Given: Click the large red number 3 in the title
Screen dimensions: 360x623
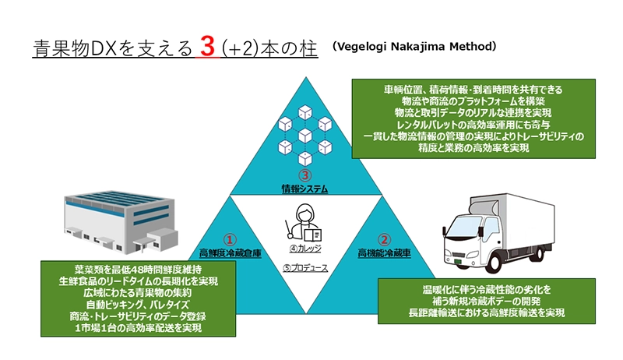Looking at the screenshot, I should click(206, 47).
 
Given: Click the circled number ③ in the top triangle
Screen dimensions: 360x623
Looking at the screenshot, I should click(305, 175).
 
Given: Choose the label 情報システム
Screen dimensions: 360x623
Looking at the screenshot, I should click(305, 189).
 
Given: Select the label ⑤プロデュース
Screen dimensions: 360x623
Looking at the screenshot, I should click(304, 268).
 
